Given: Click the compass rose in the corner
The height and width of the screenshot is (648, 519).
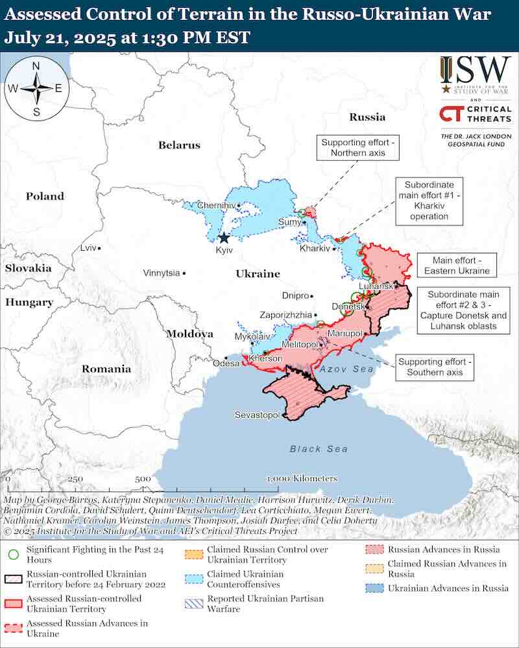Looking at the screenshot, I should [36, 89].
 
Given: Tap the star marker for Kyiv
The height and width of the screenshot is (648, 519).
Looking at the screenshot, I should [224, 238].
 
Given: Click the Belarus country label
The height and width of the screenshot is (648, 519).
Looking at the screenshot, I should [179, 145].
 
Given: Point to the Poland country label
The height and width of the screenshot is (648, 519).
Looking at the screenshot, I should [45, 196].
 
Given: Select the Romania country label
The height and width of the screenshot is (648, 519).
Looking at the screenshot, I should [106, 369].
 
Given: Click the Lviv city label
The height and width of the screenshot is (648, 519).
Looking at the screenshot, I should [87, 248].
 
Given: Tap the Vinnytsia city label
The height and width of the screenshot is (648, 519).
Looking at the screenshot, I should [162, 273].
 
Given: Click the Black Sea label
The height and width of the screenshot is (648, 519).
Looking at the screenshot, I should [319, 448].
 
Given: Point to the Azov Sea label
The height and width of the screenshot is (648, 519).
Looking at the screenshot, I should [347, 368].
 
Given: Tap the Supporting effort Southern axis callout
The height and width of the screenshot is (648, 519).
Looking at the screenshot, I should [435, 367].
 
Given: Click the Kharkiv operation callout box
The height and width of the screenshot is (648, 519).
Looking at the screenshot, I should [429, 200].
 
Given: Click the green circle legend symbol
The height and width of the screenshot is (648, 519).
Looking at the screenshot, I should [12, 554].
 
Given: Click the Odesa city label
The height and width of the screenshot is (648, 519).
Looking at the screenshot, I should [226, 364].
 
